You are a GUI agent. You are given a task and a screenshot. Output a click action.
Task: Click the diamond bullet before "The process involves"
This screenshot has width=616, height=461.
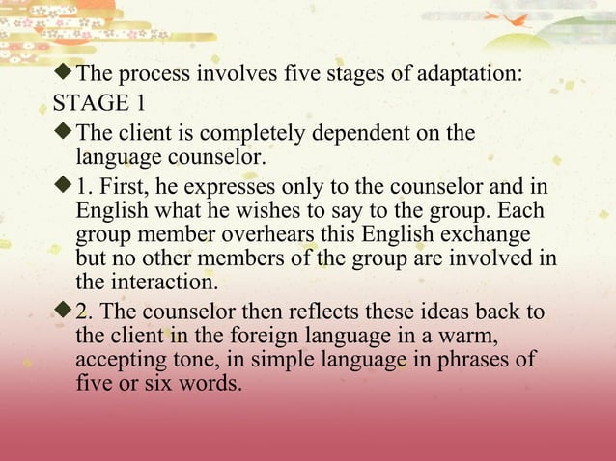(66, 73)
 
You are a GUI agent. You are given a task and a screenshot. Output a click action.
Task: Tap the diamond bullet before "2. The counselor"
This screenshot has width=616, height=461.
(66, 312)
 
